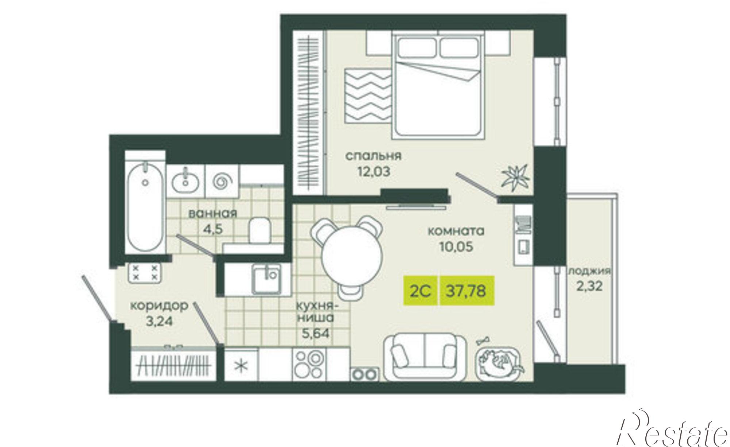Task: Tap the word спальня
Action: coord(373,156)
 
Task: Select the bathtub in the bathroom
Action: coord(145,208)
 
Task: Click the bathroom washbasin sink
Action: coord(186,181)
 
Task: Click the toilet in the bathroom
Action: coord(260,230)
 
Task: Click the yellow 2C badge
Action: coord(421,291)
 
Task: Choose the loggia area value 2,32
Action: coord(590,285)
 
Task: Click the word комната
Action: coord(456,231)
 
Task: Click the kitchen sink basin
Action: coord(266,280)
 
